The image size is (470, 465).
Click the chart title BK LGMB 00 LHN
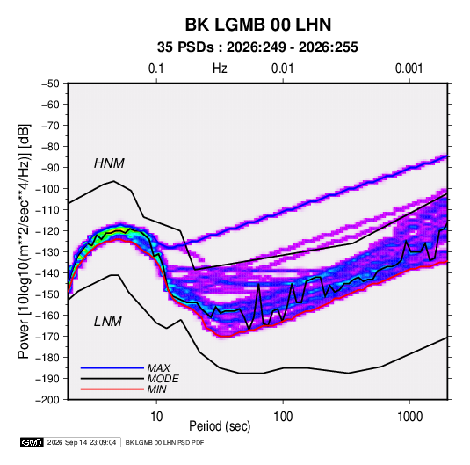[258, 25]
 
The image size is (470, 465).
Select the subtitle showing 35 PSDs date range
[257, 47]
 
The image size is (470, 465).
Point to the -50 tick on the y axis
[50, 84]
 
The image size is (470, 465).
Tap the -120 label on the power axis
[47, 231]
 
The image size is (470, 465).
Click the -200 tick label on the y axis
[47, 400]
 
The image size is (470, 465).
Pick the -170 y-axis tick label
[47, 337]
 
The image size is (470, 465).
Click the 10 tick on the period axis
[156, 417]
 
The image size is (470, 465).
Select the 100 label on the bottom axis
[283, 417]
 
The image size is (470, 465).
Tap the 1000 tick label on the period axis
[409, 417]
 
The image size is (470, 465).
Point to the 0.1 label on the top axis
[156, 69]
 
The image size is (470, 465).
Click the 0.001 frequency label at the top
[409, 69]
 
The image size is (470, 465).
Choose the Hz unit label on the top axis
[220, 69]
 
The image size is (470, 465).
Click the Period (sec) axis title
[220, 426]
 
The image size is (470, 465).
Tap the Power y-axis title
[24, 242]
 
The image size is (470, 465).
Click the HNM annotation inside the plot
[109, 163]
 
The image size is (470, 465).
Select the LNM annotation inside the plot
[108, 322]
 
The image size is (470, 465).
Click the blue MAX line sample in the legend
[112, 367]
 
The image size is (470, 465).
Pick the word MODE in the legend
[163, 379]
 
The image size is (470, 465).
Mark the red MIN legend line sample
[112, 389]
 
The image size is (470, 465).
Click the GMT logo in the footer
[32, 442]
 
